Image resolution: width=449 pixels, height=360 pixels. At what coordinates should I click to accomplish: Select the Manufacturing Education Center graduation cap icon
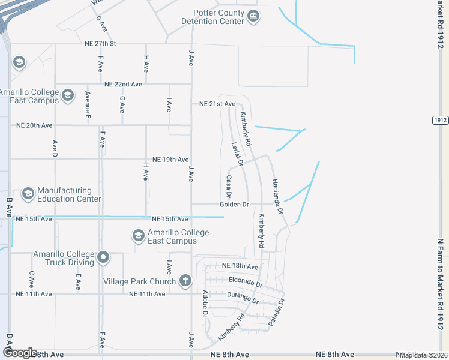pos(28,194)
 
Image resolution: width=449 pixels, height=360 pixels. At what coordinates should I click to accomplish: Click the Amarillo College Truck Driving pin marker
pos(103,258)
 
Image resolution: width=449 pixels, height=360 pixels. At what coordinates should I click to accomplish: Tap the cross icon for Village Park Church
pos(185,280)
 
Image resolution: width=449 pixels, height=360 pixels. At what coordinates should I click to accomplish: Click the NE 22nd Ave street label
pos(122,85)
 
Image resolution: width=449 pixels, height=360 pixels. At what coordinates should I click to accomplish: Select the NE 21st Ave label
pos(217,104)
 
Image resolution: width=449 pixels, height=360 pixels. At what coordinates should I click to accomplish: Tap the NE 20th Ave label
pos(34,125)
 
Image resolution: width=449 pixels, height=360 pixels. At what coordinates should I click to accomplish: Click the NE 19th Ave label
pos(170,160)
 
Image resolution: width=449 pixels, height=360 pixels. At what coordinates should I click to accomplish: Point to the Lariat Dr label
pos(236,153)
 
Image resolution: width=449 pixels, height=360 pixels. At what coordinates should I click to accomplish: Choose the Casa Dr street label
pos(229,186)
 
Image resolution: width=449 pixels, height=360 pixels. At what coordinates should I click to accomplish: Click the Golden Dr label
pos(234,205)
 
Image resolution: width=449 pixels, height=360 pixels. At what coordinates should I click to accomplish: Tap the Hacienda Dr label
pos(277,197)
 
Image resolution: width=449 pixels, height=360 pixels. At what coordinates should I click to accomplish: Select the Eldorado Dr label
pos(246,280)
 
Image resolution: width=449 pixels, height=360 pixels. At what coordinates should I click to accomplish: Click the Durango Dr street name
pos(243,297)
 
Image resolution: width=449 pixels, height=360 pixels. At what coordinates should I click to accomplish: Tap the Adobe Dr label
pos(205,304)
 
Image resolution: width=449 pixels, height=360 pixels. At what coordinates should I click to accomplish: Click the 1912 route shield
pos(440,120)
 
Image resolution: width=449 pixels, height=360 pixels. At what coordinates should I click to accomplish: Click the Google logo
pos(20,353)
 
